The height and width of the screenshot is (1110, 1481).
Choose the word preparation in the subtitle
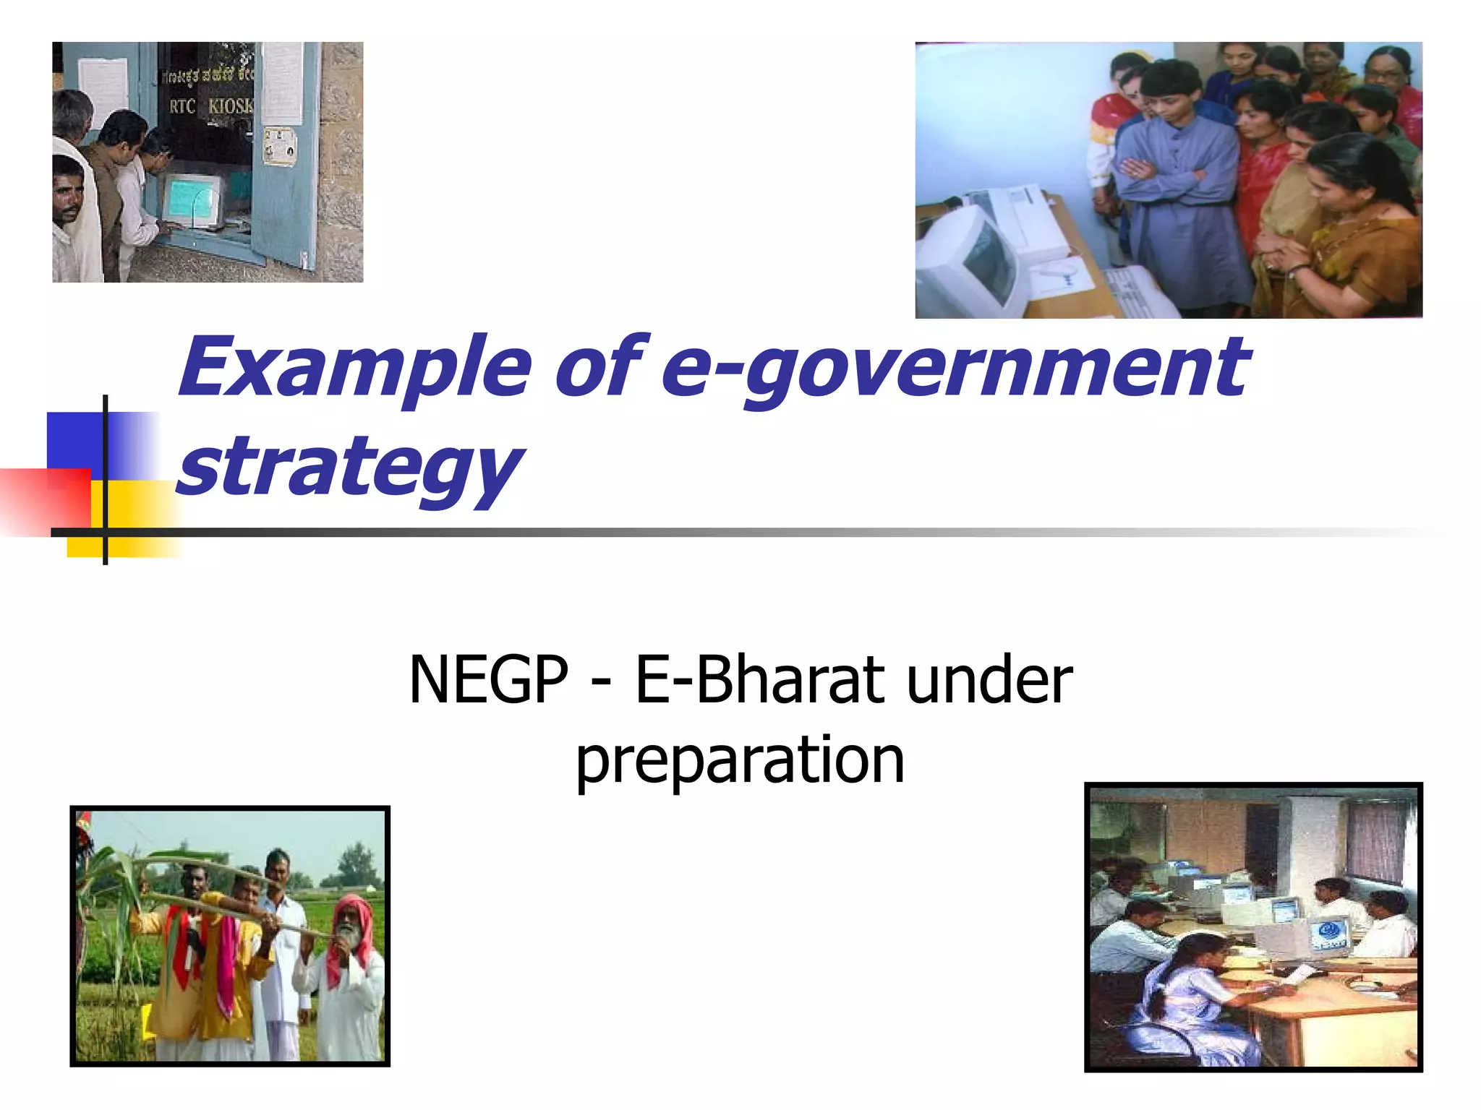pyautogui.click(x=740, y=760)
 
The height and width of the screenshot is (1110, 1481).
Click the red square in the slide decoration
pyautogui.click(x=47, y=500)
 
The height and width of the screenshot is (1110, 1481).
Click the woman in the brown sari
pyautogui.click(x=1345, y=231)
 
